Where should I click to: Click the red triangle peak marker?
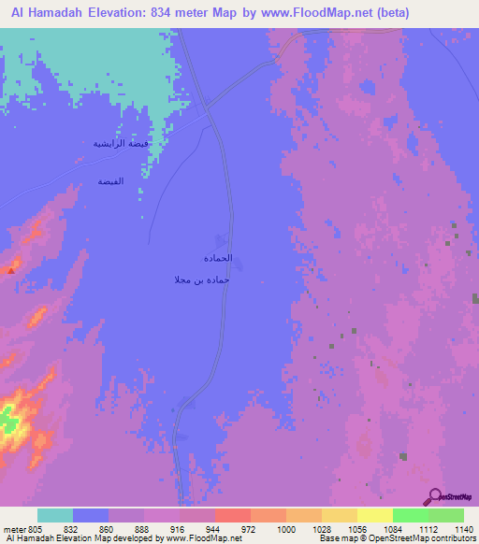tap(11, 270)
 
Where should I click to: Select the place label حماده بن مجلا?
tap(202, 279)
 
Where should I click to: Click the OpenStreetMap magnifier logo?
tap(433, 497)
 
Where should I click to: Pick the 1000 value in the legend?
tap(285, 529)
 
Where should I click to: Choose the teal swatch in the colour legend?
tap(54, 515)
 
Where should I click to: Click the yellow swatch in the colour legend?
tap(374, 515)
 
